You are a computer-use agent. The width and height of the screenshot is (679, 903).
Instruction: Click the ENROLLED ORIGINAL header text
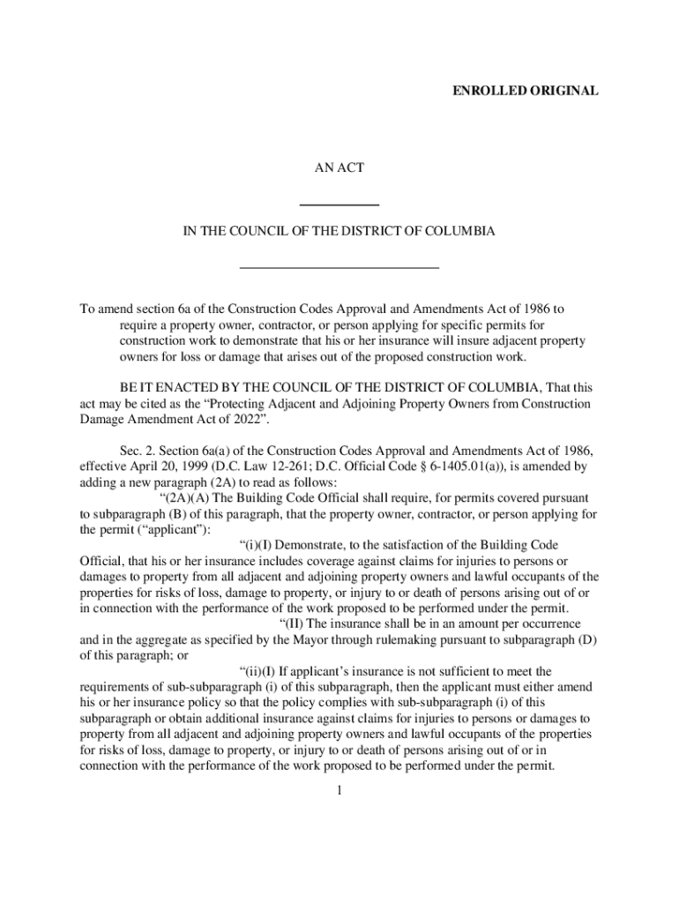coord(526,91)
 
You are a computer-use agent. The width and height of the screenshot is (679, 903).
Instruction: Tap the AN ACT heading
coord(339,167)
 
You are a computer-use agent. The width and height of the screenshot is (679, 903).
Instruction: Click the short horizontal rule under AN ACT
coord(339,205)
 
